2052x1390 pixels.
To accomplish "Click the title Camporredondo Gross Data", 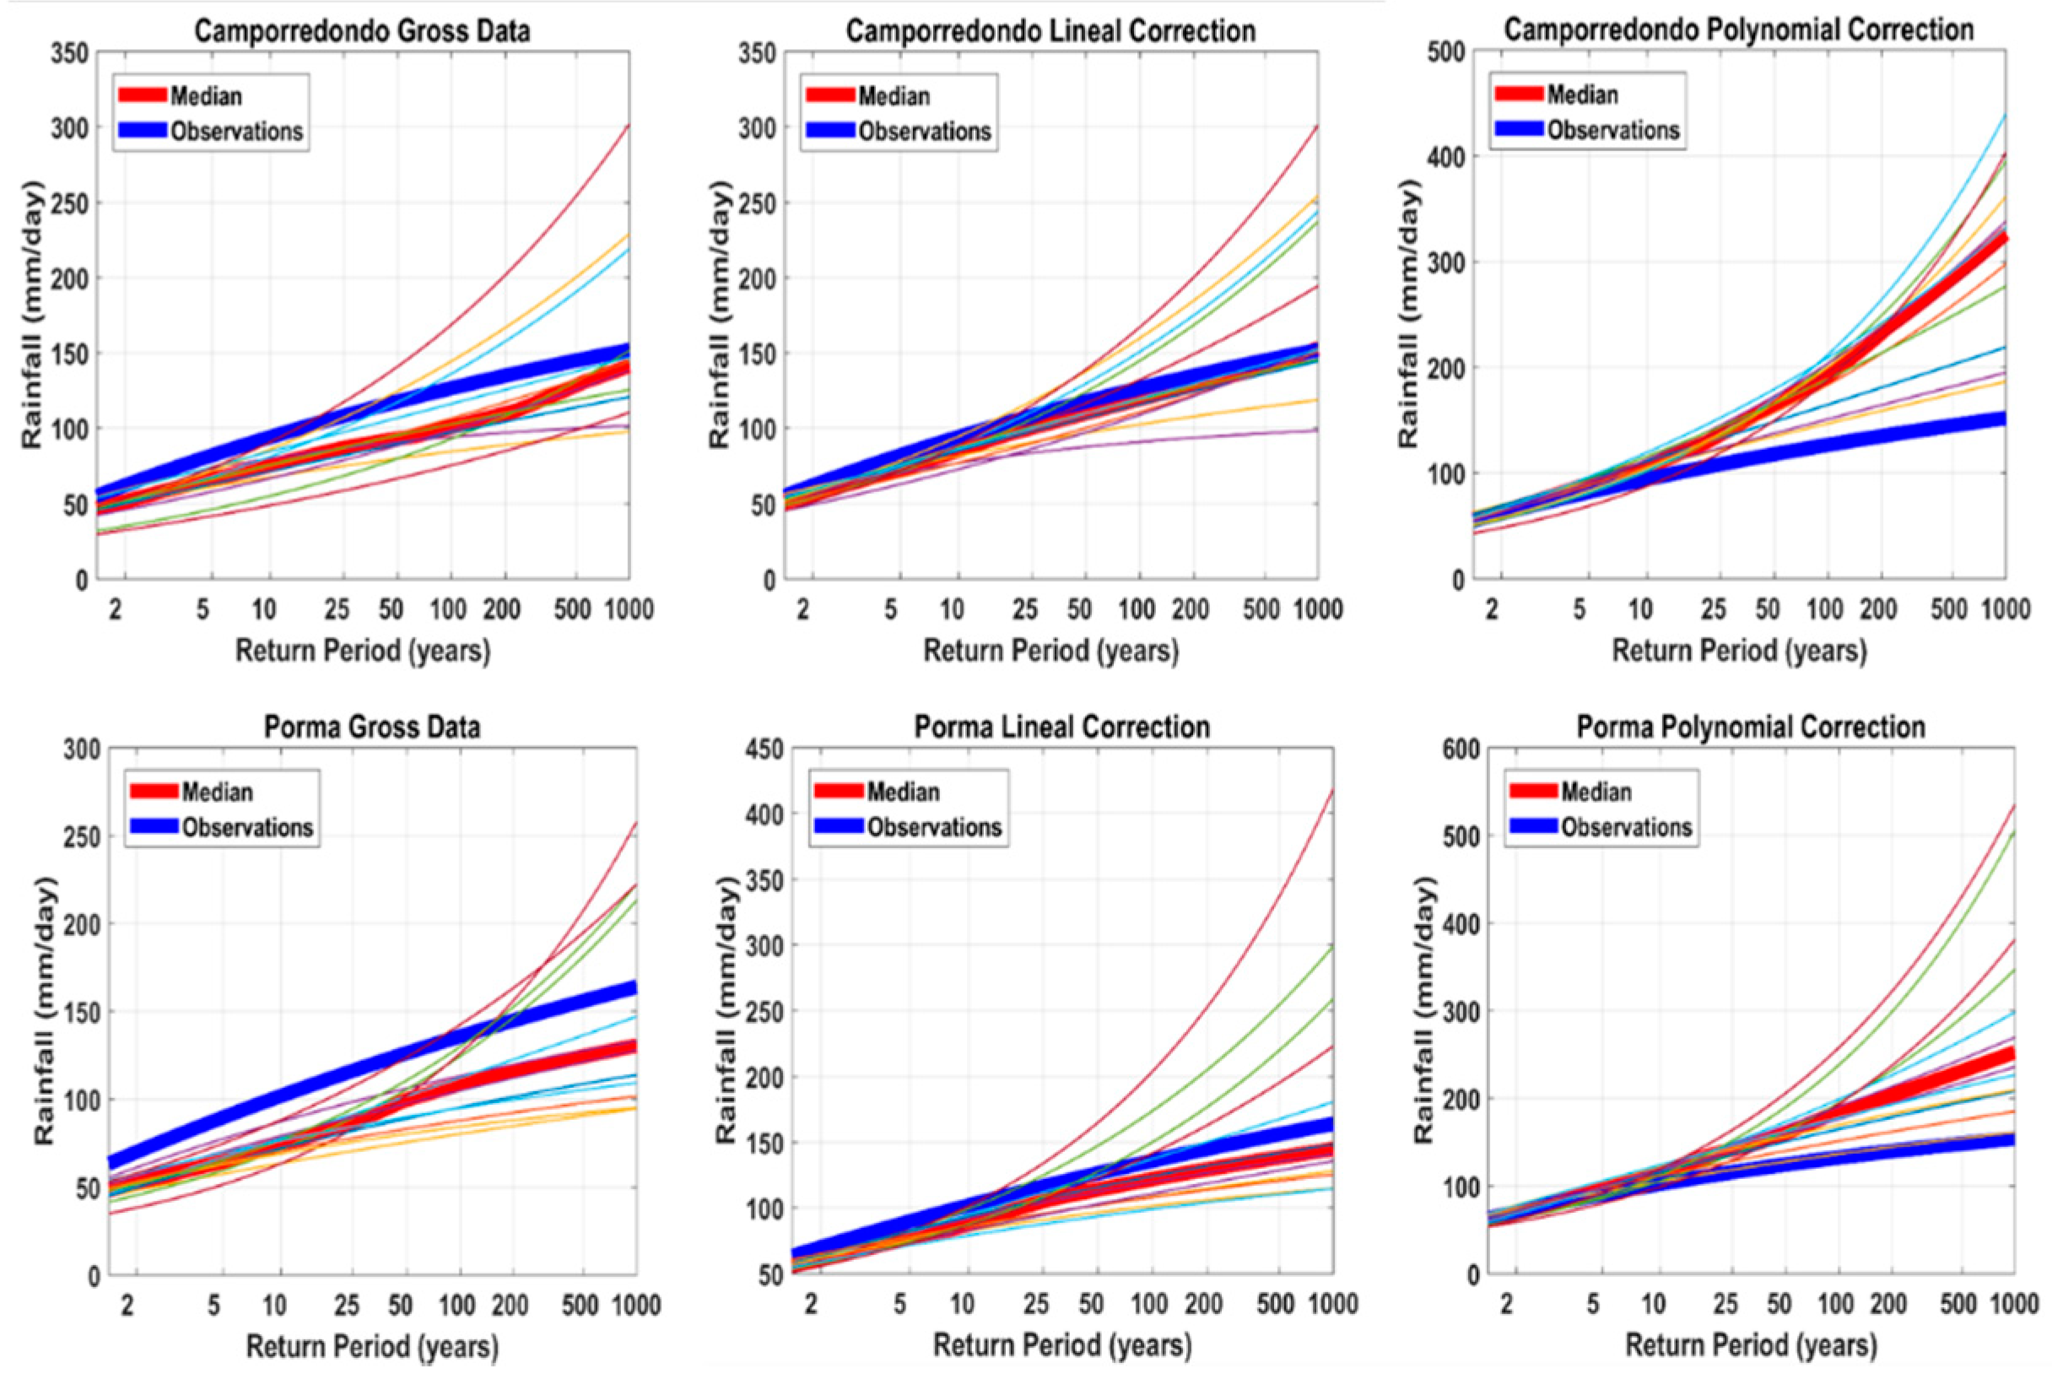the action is pos(363,31).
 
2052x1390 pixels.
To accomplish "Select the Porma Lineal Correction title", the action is pos(1062,727).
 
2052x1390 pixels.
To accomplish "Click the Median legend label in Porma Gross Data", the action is pos(217,792).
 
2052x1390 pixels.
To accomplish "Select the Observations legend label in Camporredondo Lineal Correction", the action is pos(926,132).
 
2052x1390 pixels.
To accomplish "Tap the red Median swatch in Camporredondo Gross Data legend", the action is pos(142,95).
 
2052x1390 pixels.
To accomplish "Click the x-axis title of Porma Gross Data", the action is pos(373,1347).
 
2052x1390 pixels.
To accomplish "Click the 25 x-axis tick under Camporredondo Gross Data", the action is pos(337,609).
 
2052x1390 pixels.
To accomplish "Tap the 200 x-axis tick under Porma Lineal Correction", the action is pos(1203,1305).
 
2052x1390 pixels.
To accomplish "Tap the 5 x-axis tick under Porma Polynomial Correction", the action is pos(1592,1305).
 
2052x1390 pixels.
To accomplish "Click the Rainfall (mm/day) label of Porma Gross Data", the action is pos(45,1011).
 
